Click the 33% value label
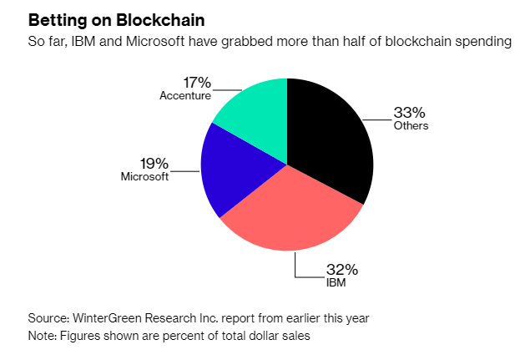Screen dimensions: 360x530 point(411,112)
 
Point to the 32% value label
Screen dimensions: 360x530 point(342,269)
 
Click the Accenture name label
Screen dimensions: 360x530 point(185,95)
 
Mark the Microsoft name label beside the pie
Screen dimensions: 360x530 point(144,176)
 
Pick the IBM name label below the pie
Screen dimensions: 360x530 point(336,282)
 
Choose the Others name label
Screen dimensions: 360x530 point(411,126)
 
